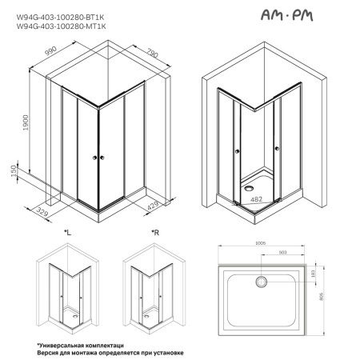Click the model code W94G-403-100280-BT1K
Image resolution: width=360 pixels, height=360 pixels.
(x=63, y=14)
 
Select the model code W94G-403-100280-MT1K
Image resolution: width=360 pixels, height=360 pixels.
(x=63, y=25)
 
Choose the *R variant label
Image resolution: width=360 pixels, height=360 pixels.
(x=155, y=232)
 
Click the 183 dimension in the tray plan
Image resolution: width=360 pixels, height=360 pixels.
(x=314, y=274)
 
